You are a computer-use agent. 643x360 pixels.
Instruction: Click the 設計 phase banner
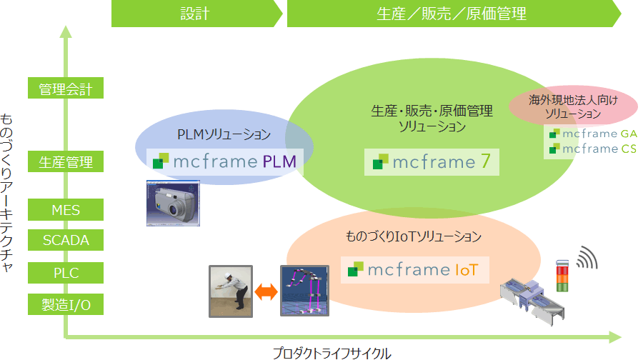coord(195,14)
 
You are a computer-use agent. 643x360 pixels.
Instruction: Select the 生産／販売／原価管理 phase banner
coord(452,14)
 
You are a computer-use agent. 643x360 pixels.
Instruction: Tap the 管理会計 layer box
coord(66,89)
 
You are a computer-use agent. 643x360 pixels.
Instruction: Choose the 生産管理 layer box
coord(66,163)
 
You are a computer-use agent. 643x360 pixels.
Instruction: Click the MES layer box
coord(66,210)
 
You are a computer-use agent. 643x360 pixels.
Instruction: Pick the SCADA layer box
coord(66,240)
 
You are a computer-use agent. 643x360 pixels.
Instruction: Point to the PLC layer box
coord(66,273)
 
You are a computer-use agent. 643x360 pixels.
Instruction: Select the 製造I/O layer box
coord(66,305)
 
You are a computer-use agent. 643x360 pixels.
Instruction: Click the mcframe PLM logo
coord(224,161)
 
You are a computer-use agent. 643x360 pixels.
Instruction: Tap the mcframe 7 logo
coord(432,162)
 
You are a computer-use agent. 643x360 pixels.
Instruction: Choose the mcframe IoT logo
coord(414,270)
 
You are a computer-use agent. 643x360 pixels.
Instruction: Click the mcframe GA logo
coord(594,134)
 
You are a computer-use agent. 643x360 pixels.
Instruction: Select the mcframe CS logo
coord(594,149)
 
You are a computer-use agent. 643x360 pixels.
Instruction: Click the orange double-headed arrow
coord(266,291)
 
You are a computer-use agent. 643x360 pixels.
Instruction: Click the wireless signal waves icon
coord(587,258)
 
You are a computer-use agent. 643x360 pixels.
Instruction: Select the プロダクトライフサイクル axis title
coord(332,353)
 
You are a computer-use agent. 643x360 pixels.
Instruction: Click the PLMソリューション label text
coord(224,134)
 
